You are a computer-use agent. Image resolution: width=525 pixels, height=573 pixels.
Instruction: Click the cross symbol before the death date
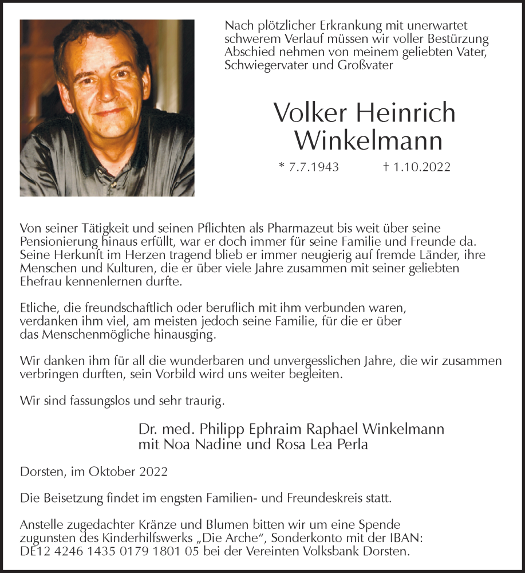click(386, 167)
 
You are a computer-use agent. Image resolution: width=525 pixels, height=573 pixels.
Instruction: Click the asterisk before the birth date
click(281, 167)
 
